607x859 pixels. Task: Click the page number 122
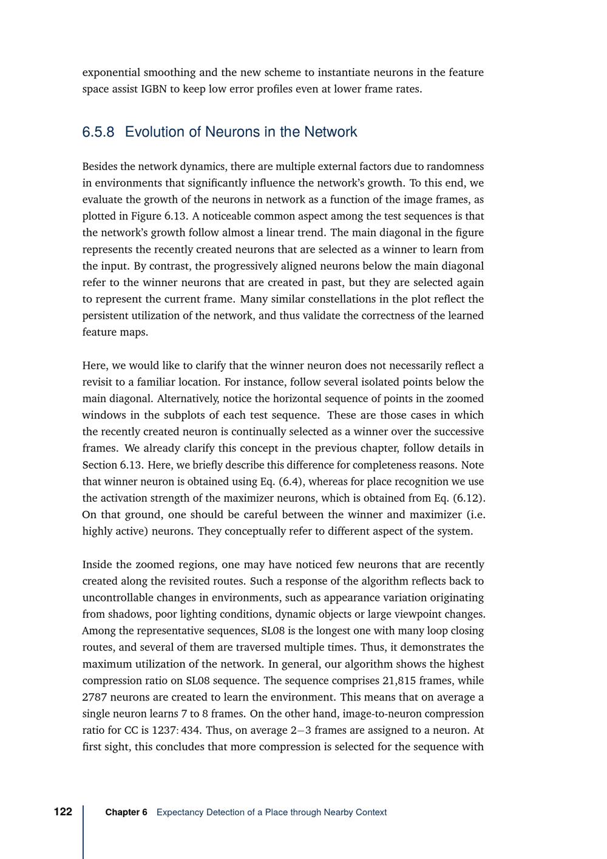coord(63,812)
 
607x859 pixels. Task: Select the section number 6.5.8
coord(98,132)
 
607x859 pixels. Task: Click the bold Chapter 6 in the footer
coord(126,812)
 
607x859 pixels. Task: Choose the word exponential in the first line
coord(111,72)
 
